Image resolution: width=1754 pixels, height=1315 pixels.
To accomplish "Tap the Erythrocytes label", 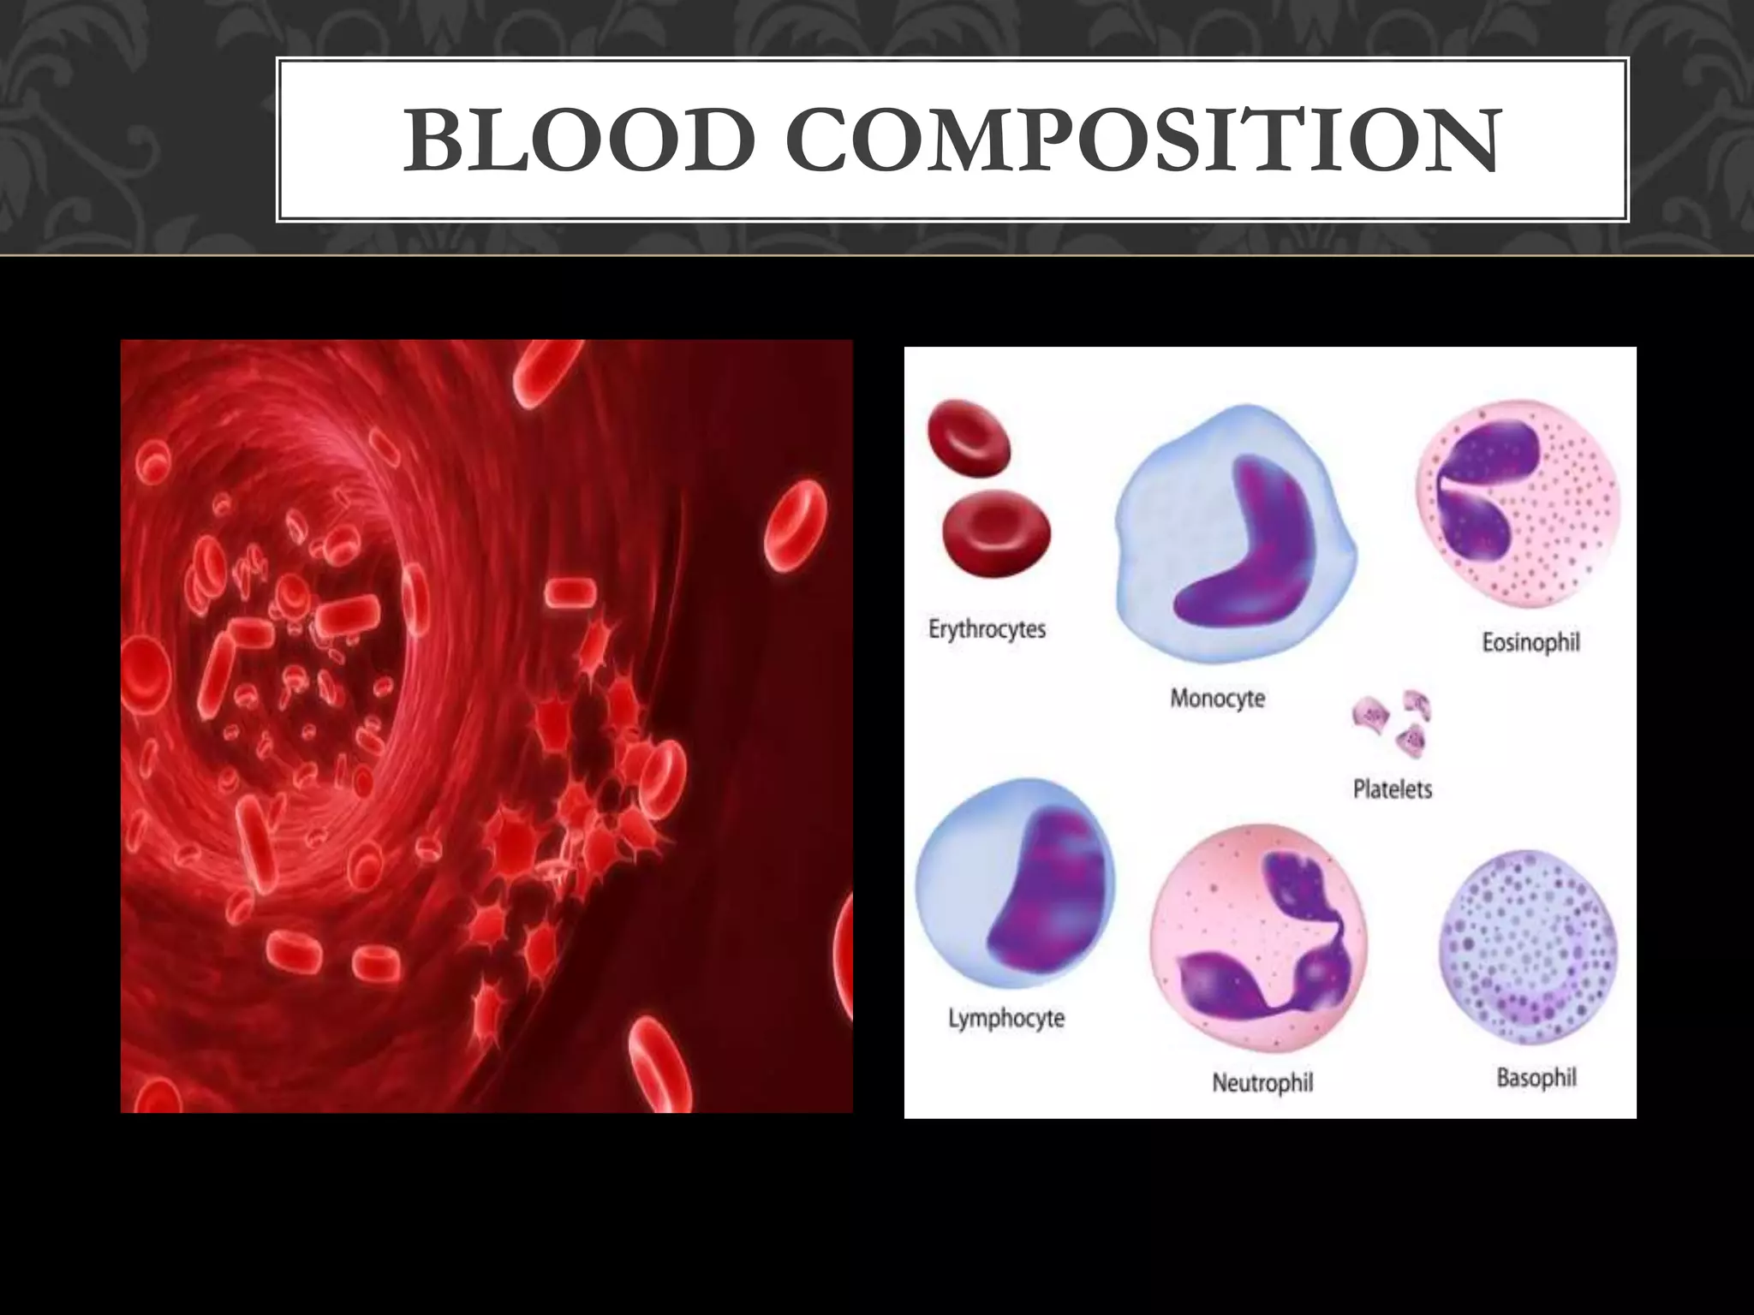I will [x=987, y=630].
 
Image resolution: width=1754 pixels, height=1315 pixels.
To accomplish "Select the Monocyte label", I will [x=1217, y=699].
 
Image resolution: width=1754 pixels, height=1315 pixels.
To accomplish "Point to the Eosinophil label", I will [x=1530, y=643].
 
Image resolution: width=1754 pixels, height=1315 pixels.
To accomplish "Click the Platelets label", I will [x=1392, y=788].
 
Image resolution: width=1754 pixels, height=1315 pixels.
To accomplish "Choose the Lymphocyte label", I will [x=1006, y=1019].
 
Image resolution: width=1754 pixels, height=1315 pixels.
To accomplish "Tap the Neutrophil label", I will [x=1262, y=1083].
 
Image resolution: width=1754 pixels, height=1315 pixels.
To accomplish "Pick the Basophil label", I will [x=1536, y=1077].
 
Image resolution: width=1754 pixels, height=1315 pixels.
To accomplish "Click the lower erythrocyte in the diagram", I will [x=996, y=533].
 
